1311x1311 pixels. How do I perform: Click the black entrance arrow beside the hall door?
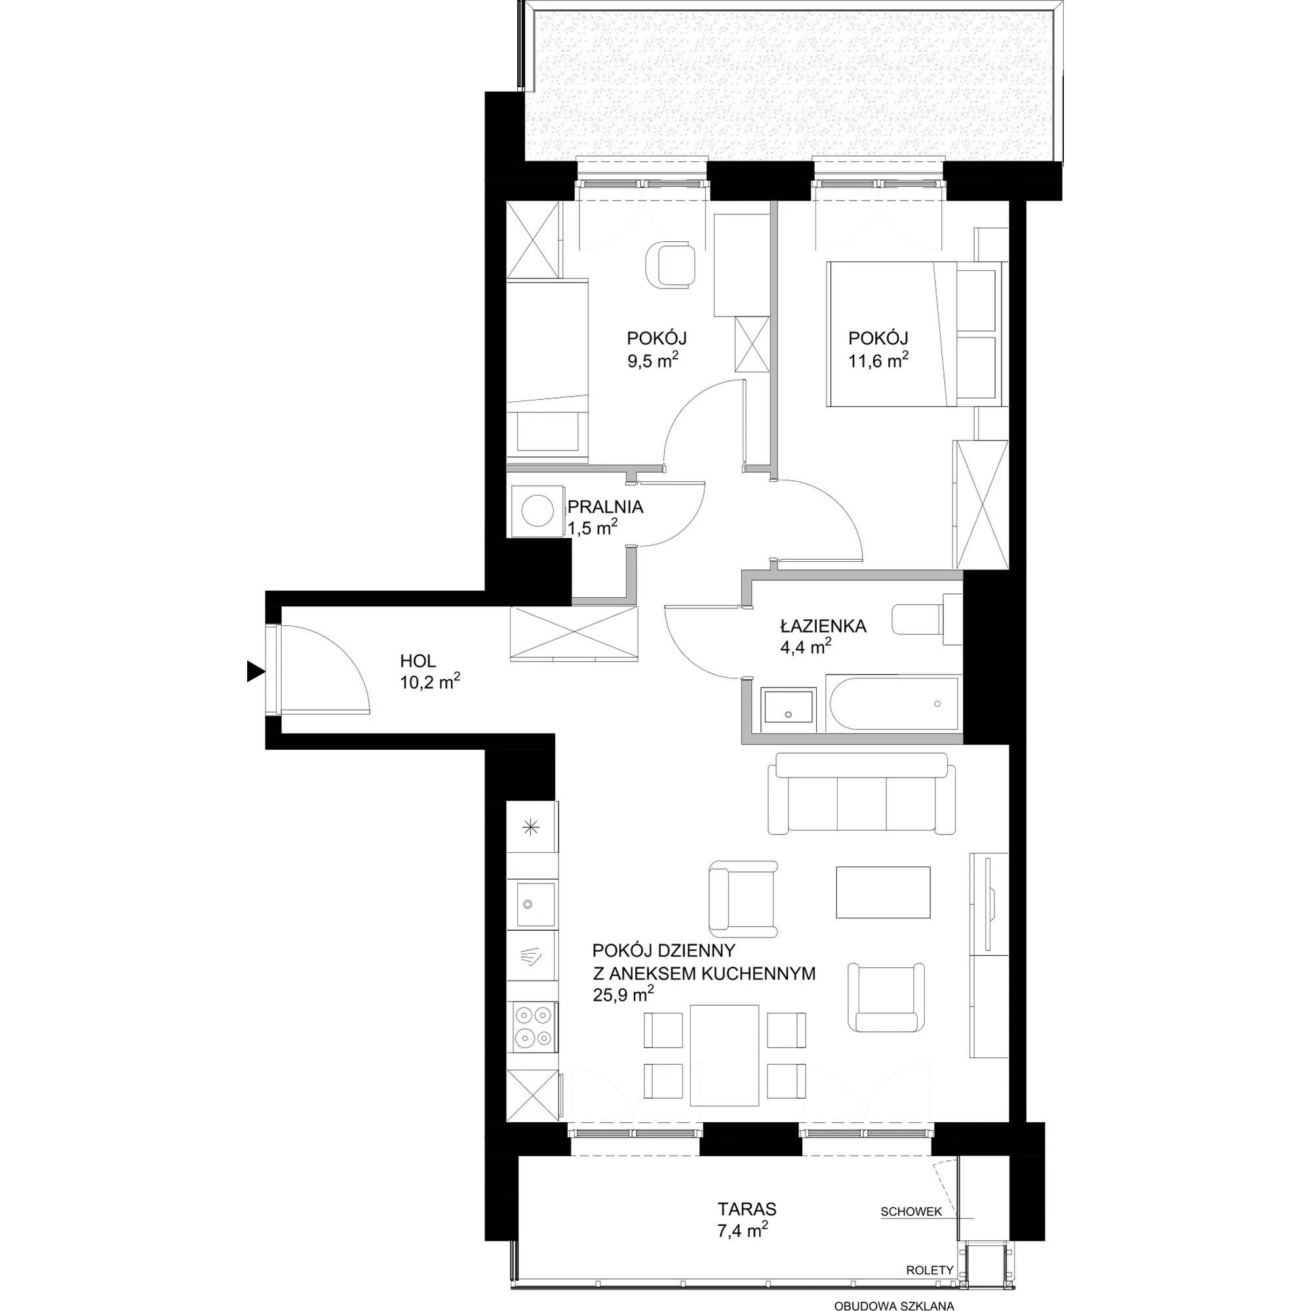pyautogui.click(x=254, y=672)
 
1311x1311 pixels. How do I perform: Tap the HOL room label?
pyautogui.click(x=418, y=660)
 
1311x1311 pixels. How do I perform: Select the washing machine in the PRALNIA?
pyautogui.click(x=537, y=512)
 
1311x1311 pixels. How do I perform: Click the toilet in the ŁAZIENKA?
pyautogui.click(x=927, y=619)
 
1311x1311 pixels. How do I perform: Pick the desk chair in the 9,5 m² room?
pyautogui.click(x=669, y=267)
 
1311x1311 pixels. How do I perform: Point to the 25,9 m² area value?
pyautogui.click(x=623, y=995)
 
